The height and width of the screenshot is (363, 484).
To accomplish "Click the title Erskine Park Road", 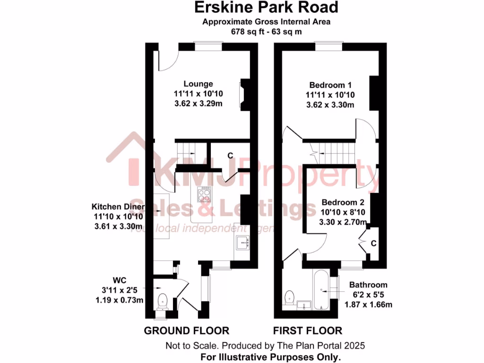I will [267, 8].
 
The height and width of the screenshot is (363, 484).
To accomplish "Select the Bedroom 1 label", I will [330, 85].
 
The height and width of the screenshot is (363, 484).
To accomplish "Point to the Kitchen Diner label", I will [118, 207].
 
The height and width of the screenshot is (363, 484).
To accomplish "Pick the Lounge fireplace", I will [243, 95].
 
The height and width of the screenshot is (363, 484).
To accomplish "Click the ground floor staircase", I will [186, 150].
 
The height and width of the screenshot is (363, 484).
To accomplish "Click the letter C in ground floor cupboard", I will [231, 155].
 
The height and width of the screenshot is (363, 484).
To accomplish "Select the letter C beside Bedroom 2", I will [373, 243].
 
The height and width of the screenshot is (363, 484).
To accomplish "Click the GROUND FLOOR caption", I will [186, 330].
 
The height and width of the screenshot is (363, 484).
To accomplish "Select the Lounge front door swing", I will [166, 60].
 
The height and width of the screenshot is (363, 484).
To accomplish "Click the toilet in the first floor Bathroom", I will [290, 297].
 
